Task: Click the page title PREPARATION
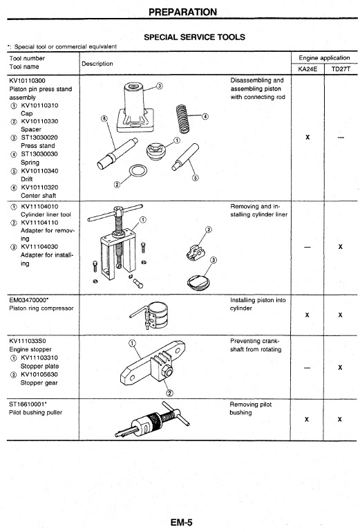pos(182,12)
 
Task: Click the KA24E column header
pos(307,69)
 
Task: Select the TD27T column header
pos(341,69)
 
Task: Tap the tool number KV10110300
pos(28,81)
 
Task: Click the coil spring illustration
pos(182,118)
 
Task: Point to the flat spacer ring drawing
pos(138,171)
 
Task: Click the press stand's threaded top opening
pos(134,86)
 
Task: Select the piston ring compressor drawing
pos(150,315)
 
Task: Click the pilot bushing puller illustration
pos(152,419)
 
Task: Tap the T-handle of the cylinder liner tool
pos(115,212)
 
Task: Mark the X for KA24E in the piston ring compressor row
pos(307,315)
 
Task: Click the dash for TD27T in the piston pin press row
pos(341,138)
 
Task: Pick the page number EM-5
pos(181,523)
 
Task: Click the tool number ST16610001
pos(28,404)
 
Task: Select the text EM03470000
pos(28,300)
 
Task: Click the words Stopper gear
pos(39,383)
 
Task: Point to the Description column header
pos(97,64)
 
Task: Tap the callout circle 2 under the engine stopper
pos(170,393)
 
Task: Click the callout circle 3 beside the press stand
pos(160,86)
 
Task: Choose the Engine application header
pos(324,58)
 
